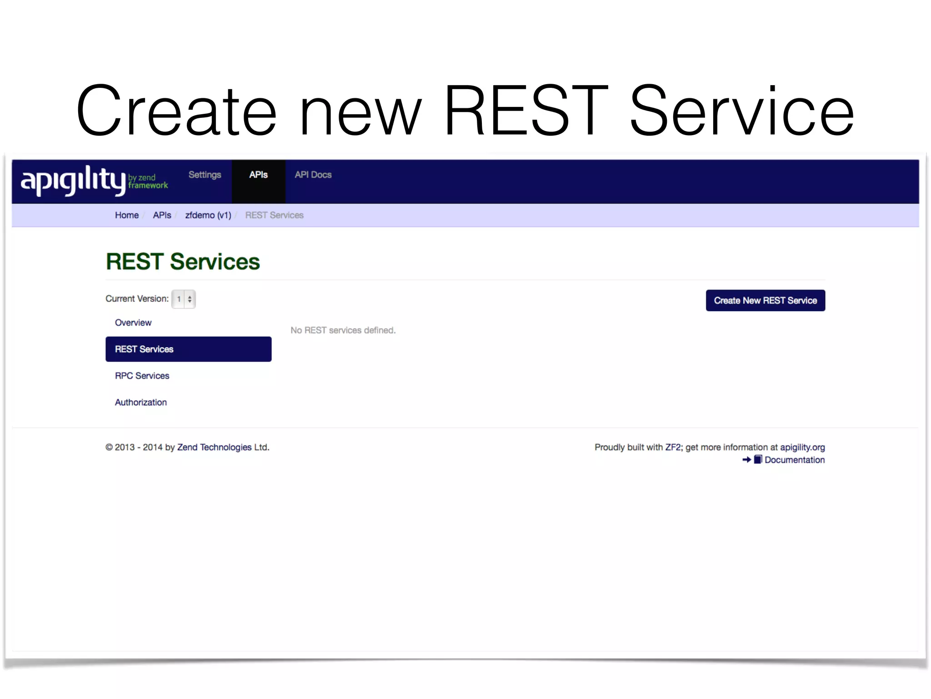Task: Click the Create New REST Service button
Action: (x=765, y=300)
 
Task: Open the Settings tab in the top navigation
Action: (x=205, y=175)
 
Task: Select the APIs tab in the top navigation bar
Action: (x=258, y=175)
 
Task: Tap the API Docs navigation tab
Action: (x=313, y=175)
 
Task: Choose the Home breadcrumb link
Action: (x=126, y=215)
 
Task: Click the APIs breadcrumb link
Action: (x=162, y=215)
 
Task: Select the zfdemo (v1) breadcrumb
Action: (x=208, y=215)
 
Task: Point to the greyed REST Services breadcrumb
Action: (x=274, y=215)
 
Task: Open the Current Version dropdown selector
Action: (x=184, y=299)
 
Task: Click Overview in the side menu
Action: (x=133, y=323)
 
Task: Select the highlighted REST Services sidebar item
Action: (x=188, y=349)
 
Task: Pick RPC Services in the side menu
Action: (x=142, y=376)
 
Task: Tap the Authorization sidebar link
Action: (x=140, y=402)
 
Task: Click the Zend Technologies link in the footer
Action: (x=214, y=447)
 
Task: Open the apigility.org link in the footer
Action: (x=802, y=447)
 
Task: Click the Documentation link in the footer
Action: (x=794, y=460)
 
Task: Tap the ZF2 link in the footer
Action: (x=673, y=447)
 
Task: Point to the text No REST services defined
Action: (x=343, y=330)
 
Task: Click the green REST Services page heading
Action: (x=183, y=262)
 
